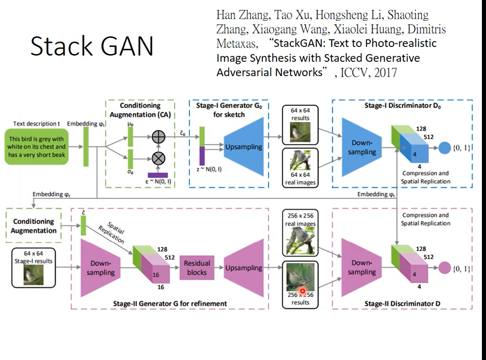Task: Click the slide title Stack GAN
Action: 92,46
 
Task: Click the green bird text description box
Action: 37,147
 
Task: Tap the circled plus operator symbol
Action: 159,137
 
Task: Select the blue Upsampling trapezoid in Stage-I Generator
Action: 243,147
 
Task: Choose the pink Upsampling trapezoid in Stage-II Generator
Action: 244,268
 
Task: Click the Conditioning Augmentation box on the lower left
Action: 34,226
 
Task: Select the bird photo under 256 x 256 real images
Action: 300,241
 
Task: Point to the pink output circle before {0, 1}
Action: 445,268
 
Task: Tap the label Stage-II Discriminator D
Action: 402,304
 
